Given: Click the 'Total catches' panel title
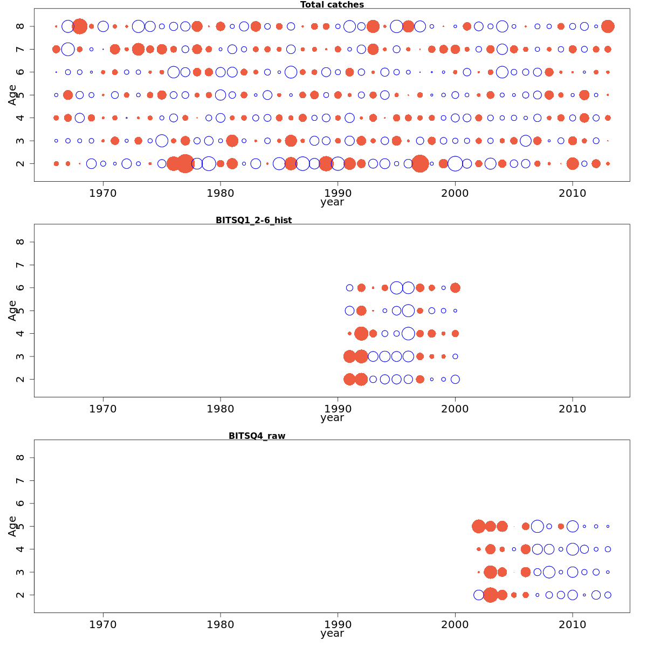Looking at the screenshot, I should tap(332, 5).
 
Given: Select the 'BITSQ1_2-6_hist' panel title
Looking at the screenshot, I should tap(253, 220).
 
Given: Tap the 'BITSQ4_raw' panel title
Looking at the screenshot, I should tap(257, 436).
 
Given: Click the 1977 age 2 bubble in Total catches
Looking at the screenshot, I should tap(185, 163).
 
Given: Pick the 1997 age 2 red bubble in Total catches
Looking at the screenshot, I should tap(420, 163).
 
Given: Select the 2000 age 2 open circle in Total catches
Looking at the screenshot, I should tap(455, 163).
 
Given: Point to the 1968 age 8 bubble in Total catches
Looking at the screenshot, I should tap(80, 26).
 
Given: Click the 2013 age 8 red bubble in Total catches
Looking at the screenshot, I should tap(608, 26).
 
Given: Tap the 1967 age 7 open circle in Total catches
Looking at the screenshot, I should tap(68, 49).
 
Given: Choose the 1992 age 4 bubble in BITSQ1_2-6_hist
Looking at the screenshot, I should tap(361, 333).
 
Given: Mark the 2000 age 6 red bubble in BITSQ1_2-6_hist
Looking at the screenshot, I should tap(455, 288).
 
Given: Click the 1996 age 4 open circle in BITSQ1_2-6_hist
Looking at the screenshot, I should tap(408, 333).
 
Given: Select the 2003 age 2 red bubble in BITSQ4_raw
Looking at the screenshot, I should tap(490, 595).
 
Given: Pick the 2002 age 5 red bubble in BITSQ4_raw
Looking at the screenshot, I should tap(478, 526).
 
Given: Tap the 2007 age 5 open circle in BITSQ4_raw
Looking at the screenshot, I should tap(537, 526).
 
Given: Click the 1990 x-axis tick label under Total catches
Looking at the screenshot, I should tap(338, 193).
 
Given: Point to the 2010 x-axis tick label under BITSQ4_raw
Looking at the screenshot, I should tap(573, 624).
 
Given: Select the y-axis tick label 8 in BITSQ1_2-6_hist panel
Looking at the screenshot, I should tap(20, 242).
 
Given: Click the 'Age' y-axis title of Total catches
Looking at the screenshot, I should tap(12, 94).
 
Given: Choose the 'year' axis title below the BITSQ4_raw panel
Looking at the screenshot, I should tap(332, 634).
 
